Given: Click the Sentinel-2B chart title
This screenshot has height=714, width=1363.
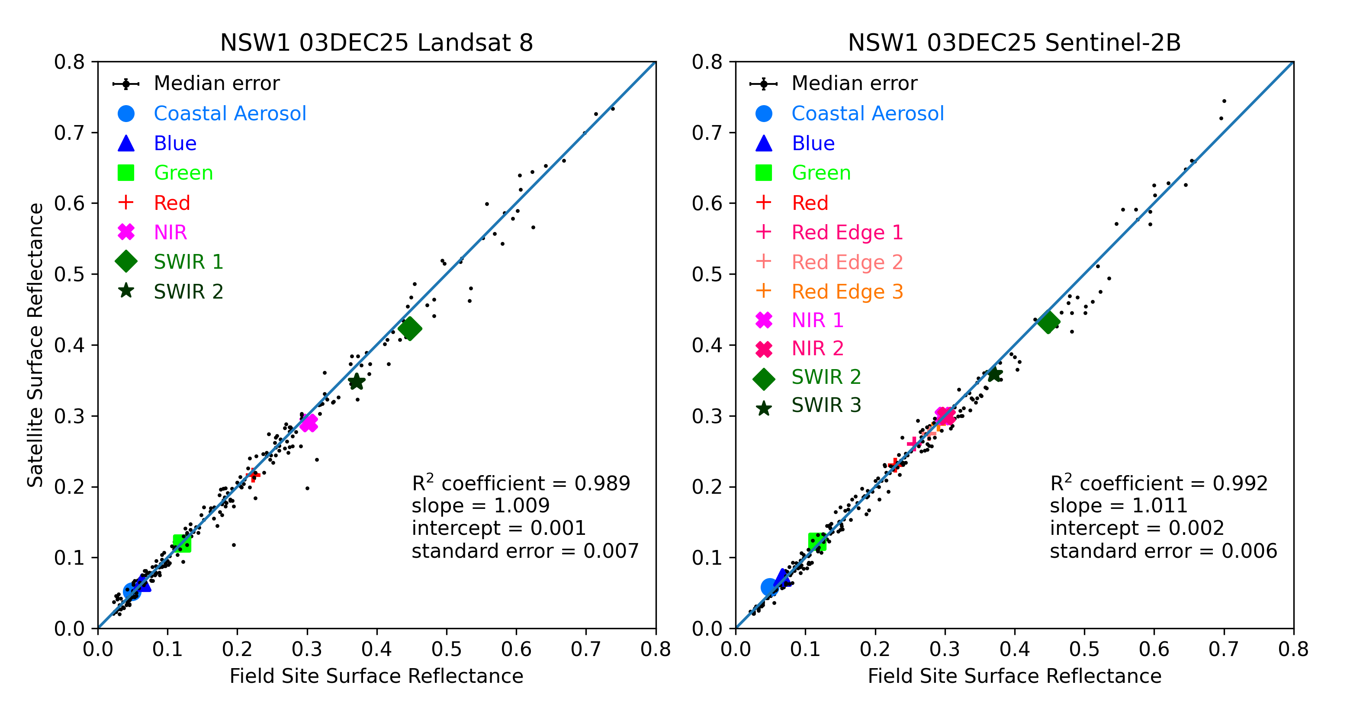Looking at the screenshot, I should pos(1014,43).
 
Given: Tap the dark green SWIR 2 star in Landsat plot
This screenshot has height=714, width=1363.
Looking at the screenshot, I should pos(356,381).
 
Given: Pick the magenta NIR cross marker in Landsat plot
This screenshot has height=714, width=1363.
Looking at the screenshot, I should pos(309,423).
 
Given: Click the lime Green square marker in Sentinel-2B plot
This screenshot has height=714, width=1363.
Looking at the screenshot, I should pos(817,541).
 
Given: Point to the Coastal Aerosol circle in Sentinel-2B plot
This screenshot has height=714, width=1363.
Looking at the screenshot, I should pos(770,587).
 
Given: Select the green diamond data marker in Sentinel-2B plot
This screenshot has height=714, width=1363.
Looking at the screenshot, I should pos(1048,322).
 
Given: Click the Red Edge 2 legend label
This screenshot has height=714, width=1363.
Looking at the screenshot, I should pos(847,262).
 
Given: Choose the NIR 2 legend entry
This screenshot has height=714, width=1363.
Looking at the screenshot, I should pos(817,348).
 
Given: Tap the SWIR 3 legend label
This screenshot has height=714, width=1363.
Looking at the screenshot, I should pos(826,405).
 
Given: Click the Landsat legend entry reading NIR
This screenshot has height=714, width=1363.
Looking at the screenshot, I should pos(170,232).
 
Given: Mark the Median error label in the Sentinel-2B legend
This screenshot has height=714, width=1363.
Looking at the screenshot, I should pos(854,84).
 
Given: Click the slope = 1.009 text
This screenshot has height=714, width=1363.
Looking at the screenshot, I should pos(480,505).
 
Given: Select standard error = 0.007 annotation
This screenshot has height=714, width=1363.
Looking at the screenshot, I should pos(525,551).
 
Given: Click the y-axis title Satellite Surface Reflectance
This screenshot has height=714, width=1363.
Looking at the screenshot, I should pos(35,344).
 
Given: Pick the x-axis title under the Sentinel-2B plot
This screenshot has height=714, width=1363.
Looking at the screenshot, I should pos(1014,676).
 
